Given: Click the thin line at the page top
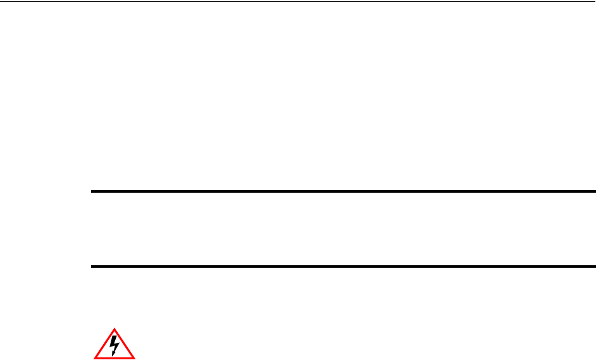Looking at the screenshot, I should coord(298,2).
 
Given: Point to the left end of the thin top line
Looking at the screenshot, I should coord(1,2).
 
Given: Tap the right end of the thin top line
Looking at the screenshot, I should coord(595,2).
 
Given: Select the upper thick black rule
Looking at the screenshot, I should coord(342,191).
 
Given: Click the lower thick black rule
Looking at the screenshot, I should coord(342,267).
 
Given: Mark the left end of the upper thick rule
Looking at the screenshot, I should coord(90,191).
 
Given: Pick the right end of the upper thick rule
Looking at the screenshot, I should coord(595,191).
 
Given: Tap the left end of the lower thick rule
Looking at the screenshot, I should coord(90,267).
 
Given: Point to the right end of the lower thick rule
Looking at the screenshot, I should coord(595,267).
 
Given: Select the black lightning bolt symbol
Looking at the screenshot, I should coord(114,345).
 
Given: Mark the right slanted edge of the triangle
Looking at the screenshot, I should coord(125,343).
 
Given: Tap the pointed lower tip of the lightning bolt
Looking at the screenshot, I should coord(113,354).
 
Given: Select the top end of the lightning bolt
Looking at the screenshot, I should coord(115,336).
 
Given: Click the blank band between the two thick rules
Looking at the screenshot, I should coord(342,229).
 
